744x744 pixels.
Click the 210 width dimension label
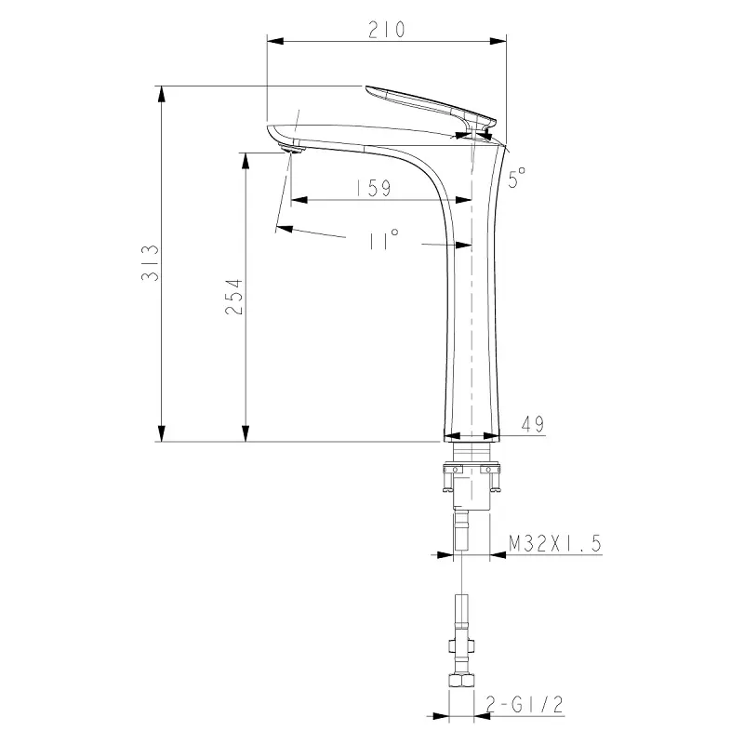386,29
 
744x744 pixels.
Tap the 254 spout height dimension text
234,297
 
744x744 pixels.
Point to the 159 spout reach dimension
372,188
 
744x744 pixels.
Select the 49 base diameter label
533,425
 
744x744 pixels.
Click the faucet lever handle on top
428,103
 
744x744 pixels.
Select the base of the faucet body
471,432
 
